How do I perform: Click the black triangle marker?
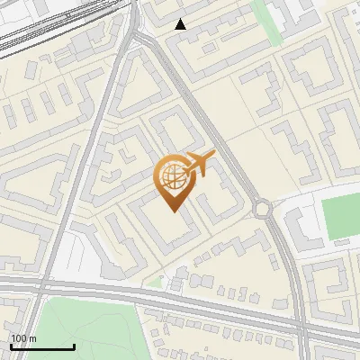pyautogui.click(x=181, y=24)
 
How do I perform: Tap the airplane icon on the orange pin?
pyautogui.click(x=198, y=166)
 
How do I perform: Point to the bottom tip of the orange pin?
pyautogui.click(x=171, y=211)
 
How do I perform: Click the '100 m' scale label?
pyautogui.click(x=23, y=338)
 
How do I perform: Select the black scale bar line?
pyautogui.click(x=42, y=346)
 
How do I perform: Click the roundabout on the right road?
pyautogui.click(x=263, y=210)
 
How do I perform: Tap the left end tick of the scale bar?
pyautogui.click(x=11, y=346)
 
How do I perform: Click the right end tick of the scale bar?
pyautogui.click(x=74, y=346)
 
